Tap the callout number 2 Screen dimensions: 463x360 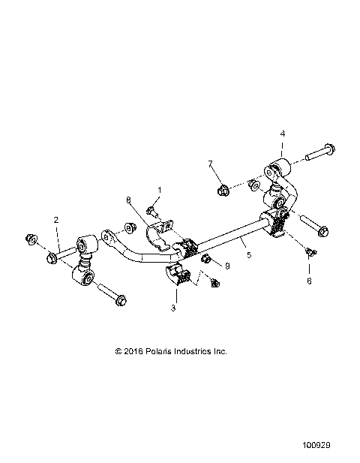pos(55,220)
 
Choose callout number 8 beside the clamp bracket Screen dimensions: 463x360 pos(128,200)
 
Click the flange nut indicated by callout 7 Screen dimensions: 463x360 pos(223,190)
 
